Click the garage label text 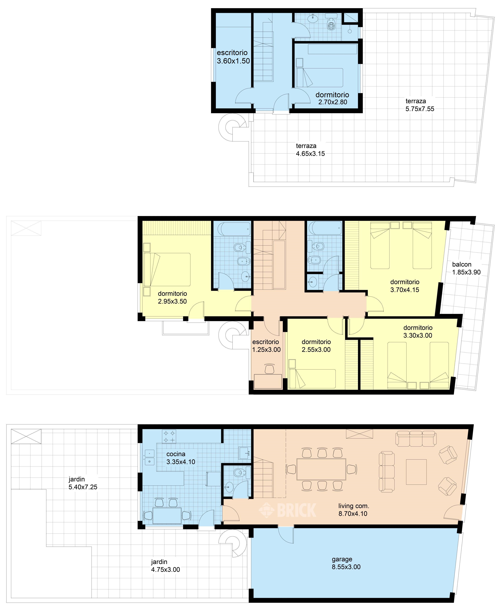pos(342,559)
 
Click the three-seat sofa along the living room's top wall pos(416,438)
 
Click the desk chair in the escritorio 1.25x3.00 pos(270,369)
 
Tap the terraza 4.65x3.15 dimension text pos(310,154)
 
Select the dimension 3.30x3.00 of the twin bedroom pos(418,335)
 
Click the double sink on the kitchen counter pos(149,457)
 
